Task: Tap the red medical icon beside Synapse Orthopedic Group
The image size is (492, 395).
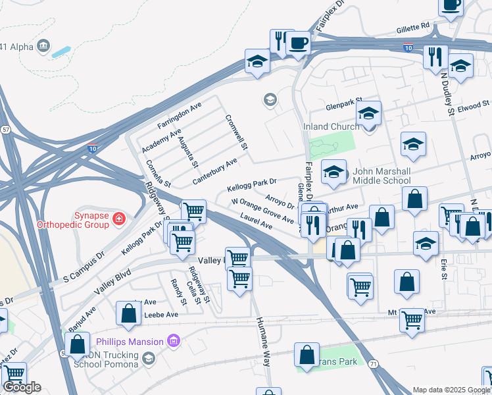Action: coord(119,219)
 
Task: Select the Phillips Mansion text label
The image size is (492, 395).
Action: coord(129,341)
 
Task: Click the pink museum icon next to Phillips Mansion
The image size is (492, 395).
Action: coord(174,341)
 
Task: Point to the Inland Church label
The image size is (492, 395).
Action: coord(331,127)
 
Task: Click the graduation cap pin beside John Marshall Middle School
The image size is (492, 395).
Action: coord(334,173)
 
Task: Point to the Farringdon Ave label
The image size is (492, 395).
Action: coord(179,115)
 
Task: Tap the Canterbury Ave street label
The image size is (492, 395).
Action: coord(214,171)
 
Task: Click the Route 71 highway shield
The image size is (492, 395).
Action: coord(373,363)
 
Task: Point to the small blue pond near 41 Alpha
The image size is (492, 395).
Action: coord(62,51)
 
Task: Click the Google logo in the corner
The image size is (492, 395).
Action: coord(22,387)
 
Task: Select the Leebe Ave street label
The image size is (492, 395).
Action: coord(161,315)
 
